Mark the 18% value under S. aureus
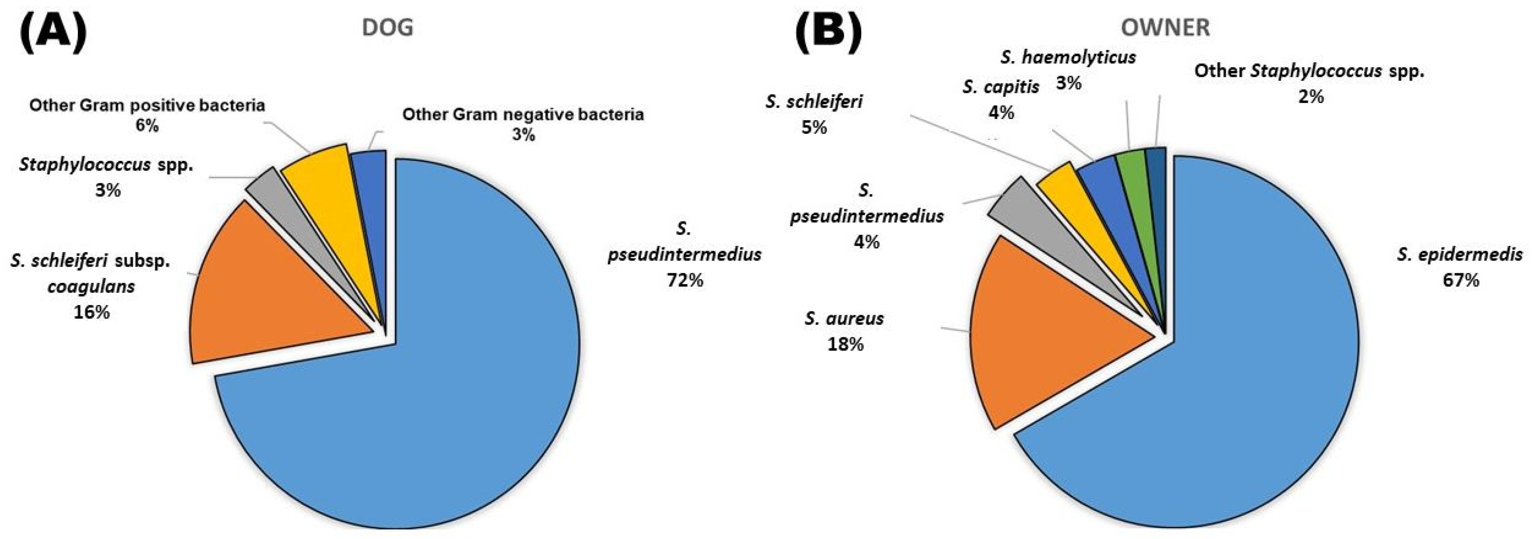[845, 344]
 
